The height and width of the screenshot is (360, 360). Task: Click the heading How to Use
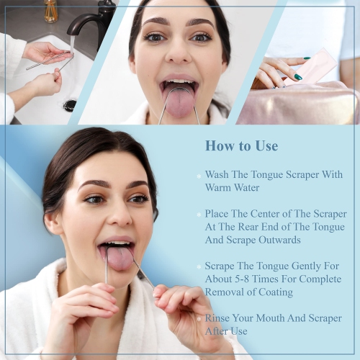[241, 146]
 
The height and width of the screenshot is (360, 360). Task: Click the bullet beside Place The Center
[198, 215]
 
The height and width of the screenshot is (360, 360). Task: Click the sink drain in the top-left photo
[69, 105]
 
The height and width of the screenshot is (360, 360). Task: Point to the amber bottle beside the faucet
[50, 10]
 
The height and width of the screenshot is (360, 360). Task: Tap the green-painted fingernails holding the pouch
[297, 76]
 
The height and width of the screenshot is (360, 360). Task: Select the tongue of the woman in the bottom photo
[119, 258]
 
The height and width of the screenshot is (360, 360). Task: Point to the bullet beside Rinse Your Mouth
[198, 319]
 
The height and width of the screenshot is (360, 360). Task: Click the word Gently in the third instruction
[305, 266]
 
